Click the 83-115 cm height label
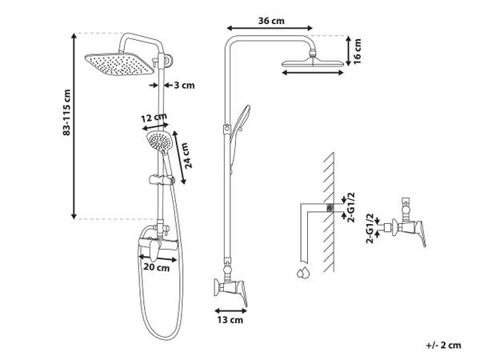pos(66,112)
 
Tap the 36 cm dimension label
pos(271,21)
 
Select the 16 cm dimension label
pos(358,51)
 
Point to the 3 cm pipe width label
pos(184,85)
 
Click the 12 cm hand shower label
pos(154,118)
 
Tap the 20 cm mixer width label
pos(157,267)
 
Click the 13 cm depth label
pos(230,320)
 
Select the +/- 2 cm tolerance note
pos(443,345)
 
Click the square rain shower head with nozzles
pos(119,64)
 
